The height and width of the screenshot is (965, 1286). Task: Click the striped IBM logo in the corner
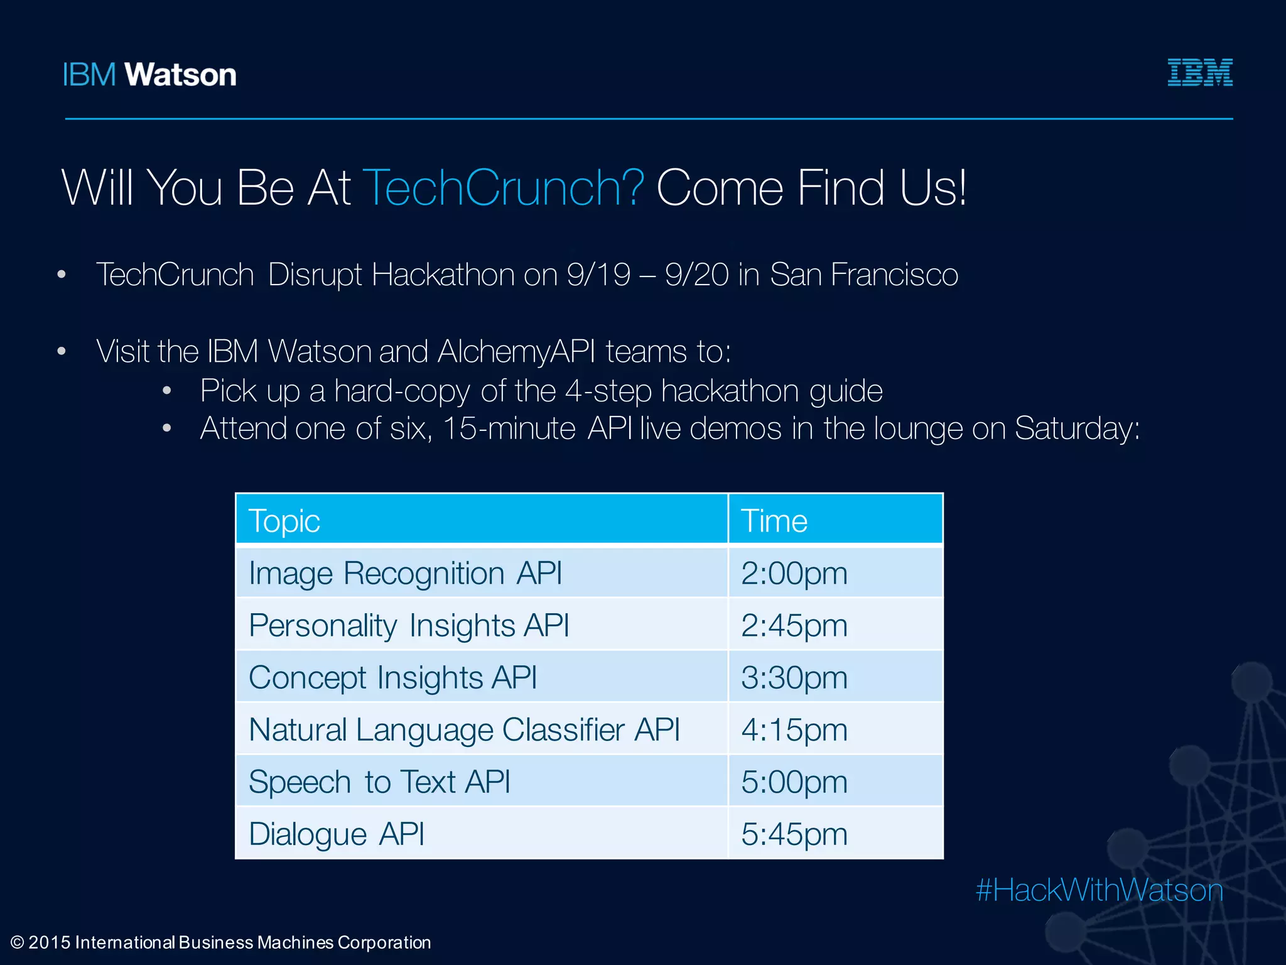coord(1199,73)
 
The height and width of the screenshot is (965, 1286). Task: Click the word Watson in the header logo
coord(180,75)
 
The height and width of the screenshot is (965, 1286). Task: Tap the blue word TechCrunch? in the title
coord(503,187)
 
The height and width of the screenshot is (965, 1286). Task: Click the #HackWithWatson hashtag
coord(1099,890)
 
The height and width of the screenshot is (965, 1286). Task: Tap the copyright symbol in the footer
coord(18,942)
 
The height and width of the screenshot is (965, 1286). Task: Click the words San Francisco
coord(863,275)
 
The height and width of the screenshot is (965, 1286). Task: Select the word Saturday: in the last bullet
coord(1077,429)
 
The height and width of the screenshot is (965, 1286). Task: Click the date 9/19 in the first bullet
coord(598,275)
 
